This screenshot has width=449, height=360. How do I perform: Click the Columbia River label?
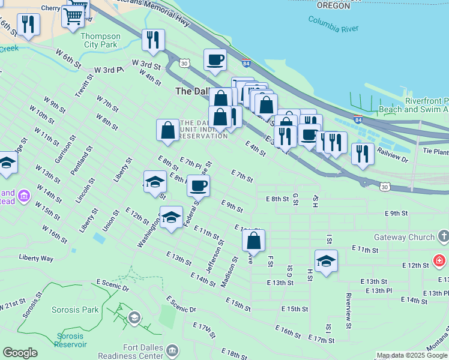pos(332,23)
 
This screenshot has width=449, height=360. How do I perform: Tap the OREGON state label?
pos(333,5)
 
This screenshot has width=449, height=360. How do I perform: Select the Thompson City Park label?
pos(100,40)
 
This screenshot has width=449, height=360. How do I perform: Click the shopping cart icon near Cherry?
pos(73,14)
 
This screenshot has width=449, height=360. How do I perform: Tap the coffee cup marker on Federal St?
pos(198,185)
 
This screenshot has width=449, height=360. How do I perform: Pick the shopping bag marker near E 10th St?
pos(254,240)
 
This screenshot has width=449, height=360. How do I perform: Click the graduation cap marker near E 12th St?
pos(326,261)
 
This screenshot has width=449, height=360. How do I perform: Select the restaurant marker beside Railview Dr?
pos(363,154)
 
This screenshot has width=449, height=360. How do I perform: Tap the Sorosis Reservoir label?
pos(71,340)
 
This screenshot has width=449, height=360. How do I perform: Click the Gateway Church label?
pos(403,238)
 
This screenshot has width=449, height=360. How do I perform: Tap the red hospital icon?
pos(439,261)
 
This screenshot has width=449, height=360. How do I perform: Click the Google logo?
pos(20,353)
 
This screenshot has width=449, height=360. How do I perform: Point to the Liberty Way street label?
pos(36,258)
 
